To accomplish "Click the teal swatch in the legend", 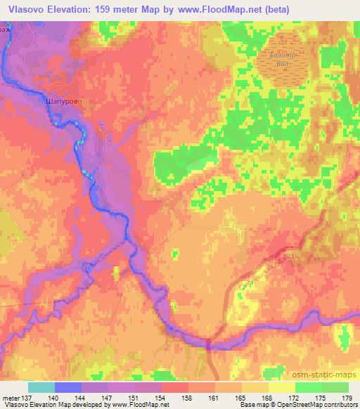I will point(41,387).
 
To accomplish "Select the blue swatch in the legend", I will point(68,387).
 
